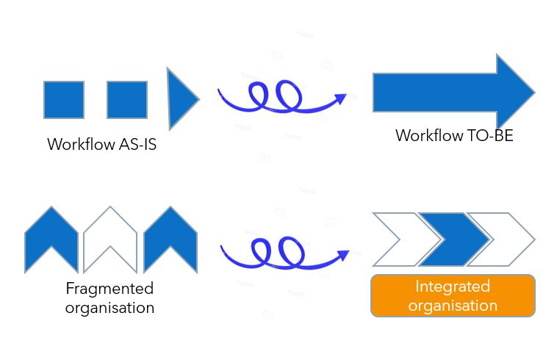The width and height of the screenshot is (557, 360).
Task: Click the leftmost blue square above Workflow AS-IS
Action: pos(64,100)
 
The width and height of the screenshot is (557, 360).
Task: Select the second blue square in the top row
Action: pos(127,100)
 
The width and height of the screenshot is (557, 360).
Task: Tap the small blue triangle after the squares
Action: pos(180,98)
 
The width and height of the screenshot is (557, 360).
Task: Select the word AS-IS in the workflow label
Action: pos(137,145)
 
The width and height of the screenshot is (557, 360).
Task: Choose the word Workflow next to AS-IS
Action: pos(80,145)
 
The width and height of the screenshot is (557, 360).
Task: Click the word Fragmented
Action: pos(109,288)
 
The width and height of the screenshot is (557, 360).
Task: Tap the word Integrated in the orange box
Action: pos(453,287)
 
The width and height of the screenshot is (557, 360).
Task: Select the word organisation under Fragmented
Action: pos(109,307)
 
